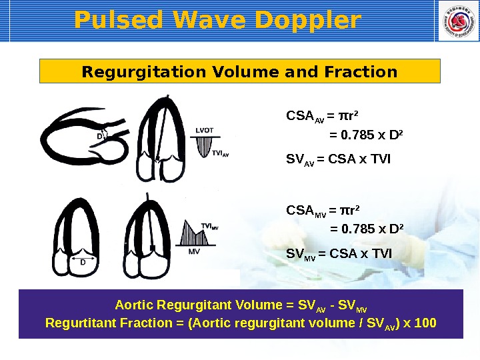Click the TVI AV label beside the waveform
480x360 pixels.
point(221,153)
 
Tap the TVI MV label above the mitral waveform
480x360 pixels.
point(209,227)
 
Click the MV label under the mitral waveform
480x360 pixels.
point(194,252)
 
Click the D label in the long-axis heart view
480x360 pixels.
point(99,136)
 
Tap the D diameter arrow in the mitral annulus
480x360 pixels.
point(83,257)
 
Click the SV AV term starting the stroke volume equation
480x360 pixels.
point(298,160)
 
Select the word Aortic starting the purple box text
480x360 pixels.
point(133,305)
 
